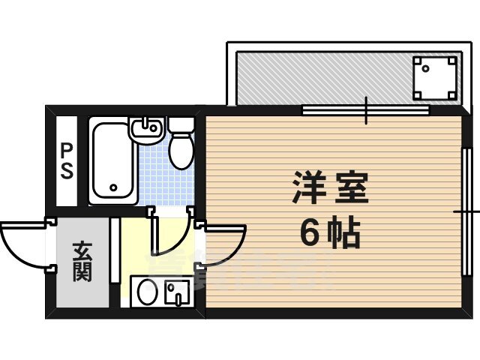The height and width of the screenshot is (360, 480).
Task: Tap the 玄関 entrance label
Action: coord(82,262)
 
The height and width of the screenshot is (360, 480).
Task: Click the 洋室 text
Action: coord(330,188)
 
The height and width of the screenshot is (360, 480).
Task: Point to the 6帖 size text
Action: coord(331,235)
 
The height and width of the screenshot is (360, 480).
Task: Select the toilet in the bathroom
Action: coord(181,150)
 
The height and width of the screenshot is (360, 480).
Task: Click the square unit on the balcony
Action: coord(434,77)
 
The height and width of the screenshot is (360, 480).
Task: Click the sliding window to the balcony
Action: coord(366,110)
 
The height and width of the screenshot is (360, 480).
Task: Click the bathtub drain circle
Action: coord(114,188)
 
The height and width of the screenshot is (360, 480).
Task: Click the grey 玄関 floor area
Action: coord(82,281)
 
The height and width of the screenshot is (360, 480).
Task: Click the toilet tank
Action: coord(181,124)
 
